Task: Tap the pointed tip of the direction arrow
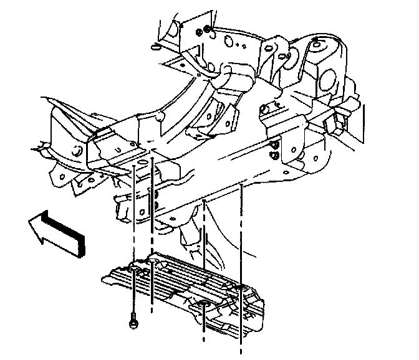pyautogui.click(x=31, y=224)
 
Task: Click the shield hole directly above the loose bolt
pyautogui.click(x=133, y=268)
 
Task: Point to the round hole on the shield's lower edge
pyautogui.click(x=204, y=305)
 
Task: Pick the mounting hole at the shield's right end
pyautogui.click(x=241, y=288)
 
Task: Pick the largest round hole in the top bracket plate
pyautogui.click(x=229, y=42)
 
